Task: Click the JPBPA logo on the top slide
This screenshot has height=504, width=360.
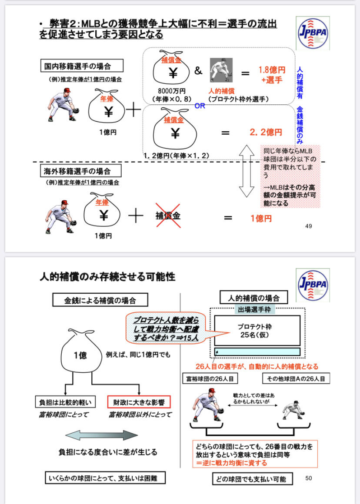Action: click(312, 33)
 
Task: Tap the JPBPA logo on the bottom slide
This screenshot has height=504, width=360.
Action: click(312, 285)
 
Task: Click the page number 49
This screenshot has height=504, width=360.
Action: click(309, 226)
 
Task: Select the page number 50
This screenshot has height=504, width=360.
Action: click(309, 478)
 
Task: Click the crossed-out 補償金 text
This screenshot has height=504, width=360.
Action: click(168, 215)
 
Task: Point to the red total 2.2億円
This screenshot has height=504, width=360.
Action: click(266, 132)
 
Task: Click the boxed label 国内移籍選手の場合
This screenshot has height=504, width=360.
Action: click(81, 66)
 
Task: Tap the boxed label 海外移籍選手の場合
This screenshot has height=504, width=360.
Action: click(78, 172)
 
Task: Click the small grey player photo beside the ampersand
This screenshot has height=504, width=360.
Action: click(221, 70)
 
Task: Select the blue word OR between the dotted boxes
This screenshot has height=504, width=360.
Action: click(200, 106)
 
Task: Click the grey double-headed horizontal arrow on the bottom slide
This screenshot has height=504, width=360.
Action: click(102, 435)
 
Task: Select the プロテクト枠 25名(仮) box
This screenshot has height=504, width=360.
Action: click(257, 330)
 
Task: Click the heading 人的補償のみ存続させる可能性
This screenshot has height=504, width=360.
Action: click(107, 277)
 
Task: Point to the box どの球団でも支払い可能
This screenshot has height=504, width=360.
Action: click(252, 479)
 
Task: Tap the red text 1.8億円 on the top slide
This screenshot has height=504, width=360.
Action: click(272, 70)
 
